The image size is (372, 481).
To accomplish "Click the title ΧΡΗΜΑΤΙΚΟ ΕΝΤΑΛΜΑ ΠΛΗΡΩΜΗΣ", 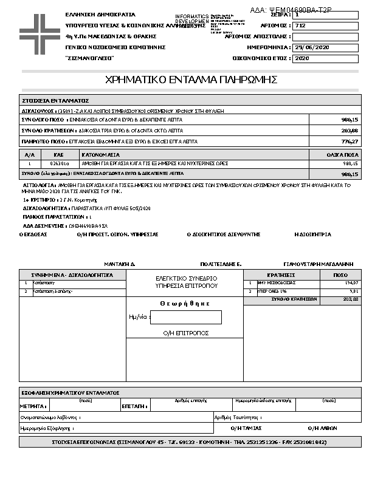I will pos(191,80).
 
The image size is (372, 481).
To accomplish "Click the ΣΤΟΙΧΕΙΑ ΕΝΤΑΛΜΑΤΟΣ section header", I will pos(56,100).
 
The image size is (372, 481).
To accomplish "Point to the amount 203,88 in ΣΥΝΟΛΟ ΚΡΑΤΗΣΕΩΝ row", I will pos(350,131).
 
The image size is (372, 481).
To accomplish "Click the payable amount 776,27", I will pos(350,142).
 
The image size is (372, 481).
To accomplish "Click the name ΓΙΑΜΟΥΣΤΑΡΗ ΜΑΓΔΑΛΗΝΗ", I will pos(319,265).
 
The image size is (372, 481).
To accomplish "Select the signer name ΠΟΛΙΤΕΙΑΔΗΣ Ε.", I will pos(221,265).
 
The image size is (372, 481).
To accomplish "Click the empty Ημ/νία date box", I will pos(185,317).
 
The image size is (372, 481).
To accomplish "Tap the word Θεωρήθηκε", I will pos(185,303).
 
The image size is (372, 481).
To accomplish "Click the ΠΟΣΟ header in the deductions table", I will pos(340,275).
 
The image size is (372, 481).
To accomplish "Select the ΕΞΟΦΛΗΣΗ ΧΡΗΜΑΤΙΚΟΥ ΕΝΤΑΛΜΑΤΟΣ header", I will pos(70,393).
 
